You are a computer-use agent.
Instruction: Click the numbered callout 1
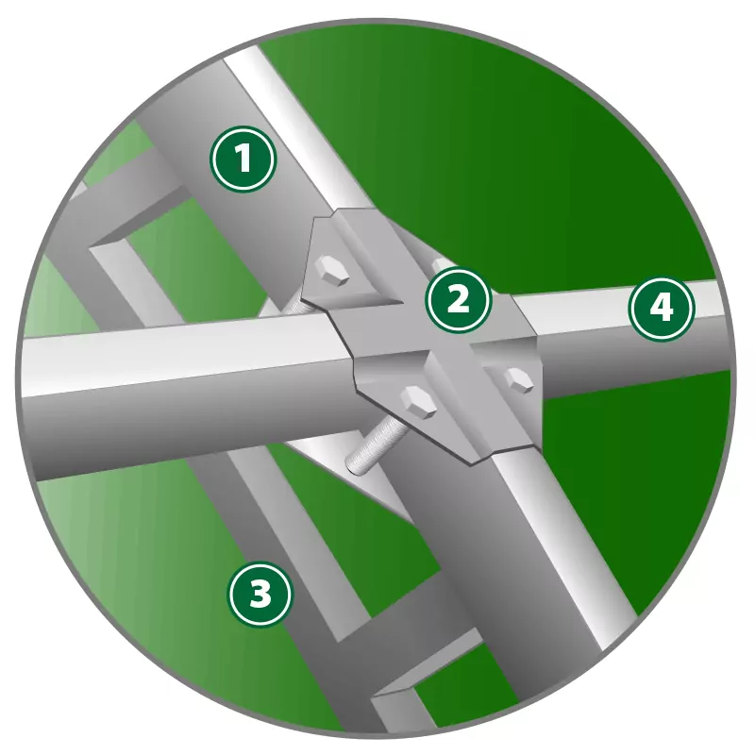click(x=243, y=159)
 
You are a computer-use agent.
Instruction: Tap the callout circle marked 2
click(x=459, y=299)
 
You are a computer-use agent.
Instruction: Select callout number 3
click(x=260, y=593)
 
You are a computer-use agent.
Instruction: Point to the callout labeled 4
click(x=662, y=309)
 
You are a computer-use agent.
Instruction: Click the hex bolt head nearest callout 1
click(x=331, y=271)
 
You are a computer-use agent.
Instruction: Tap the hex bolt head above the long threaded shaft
click(x=418, y=401)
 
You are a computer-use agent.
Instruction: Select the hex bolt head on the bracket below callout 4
click(x=517, y=380)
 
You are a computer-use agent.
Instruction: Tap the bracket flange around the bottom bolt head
click(x=410, y=405)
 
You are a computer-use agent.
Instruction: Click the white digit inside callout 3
click(x=260, y=593)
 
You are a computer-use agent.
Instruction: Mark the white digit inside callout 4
click(x=662, y=309)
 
